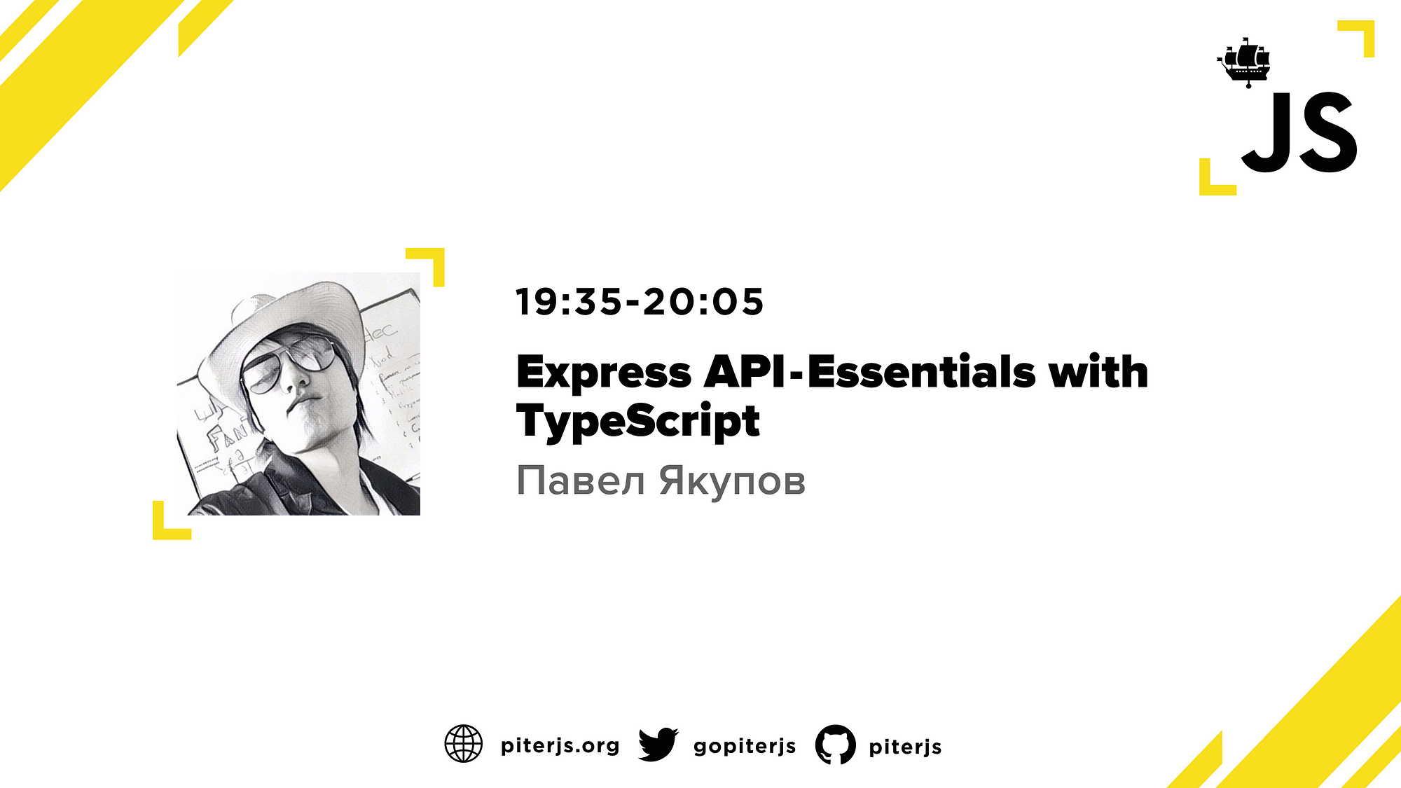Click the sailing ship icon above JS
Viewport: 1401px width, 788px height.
tap(1244, 62)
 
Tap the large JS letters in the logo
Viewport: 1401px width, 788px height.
tap(1299, 132)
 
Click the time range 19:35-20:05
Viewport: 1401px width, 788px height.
tap(640, 302)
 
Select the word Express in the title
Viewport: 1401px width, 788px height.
tap(604, 372)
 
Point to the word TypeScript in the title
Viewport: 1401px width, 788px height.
tap(638, 422)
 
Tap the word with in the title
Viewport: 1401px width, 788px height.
tap(1098, 371)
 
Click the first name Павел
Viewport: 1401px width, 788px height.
tap(580, 481)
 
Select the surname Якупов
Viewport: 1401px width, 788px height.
tap(732, 482)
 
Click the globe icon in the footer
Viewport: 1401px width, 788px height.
tap(464, 744)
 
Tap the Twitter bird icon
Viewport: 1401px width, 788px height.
tap(658, 744)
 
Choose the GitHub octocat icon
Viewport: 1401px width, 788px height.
tap(835, 744)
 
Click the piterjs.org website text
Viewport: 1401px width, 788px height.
tap(560, 746)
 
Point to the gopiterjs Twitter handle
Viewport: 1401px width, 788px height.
tap(745, 747)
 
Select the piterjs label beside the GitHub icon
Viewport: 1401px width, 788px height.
tap(905, 747)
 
